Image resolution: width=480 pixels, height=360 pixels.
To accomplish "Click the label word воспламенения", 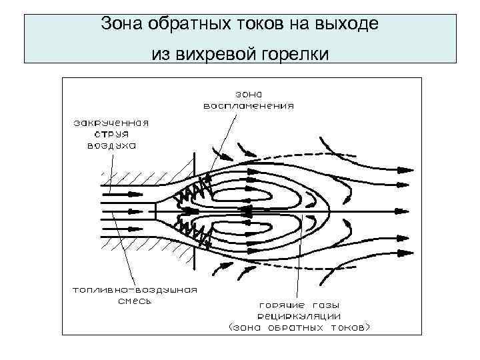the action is tap(248, 105).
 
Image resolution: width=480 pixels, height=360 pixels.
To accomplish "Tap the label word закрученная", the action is tap(111, 123).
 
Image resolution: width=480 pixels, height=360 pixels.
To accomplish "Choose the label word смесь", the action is tap(135, 301).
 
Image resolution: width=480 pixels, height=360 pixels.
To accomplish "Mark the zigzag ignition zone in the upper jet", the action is tap(192, 192).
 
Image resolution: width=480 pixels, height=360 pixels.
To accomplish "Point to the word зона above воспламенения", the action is tap(246, 94).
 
